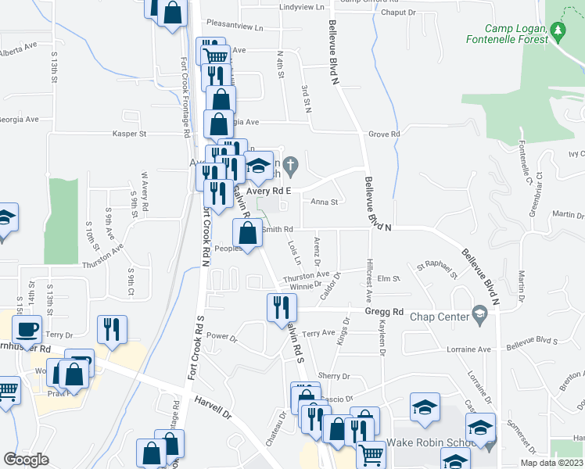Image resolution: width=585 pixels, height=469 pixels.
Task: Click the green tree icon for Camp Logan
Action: click(x=557, y=30)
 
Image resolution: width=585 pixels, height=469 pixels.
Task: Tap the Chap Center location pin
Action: click(x=480, y=316)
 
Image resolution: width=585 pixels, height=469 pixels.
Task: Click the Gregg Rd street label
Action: click(x=383, y=312)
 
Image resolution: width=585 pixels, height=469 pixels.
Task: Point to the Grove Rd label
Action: click(x=384, y=134)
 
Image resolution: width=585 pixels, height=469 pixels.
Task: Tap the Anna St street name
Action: click(x=323, y=202)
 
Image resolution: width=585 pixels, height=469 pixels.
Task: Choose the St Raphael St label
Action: click(x=436, y=270)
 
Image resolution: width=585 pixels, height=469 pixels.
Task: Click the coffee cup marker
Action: click(x=27, y=329)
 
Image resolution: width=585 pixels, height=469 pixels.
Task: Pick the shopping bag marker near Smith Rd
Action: click(x=247, y=233)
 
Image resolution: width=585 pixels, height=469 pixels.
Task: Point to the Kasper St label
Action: click(x=130, y=134)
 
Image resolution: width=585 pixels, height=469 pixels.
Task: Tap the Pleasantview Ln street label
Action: click(x=238, y=26)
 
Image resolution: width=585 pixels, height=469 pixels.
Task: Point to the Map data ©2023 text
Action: click(x=551, y=463)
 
